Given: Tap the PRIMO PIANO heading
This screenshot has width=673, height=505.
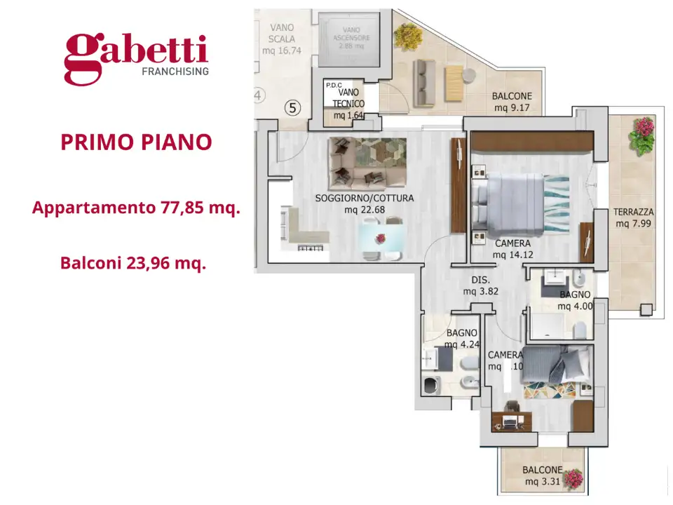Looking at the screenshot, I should [136, 142].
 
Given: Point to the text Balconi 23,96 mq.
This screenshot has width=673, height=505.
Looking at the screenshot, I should [132, 264].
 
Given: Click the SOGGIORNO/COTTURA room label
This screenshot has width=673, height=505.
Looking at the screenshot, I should [364, 203].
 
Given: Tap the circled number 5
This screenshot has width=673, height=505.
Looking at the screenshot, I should [293, 108].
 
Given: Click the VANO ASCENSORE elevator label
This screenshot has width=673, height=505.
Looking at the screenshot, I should [353, 41].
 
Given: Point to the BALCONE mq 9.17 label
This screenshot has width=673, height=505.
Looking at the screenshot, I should [511, 102].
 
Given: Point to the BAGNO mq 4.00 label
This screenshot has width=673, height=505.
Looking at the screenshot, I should [574, 300].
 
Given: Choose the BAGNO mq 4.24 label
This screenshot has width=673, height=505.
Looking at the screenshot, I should [461, 339].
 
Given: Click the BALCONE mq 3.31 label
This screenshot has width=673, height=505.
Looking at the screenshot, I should [541, 476].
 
